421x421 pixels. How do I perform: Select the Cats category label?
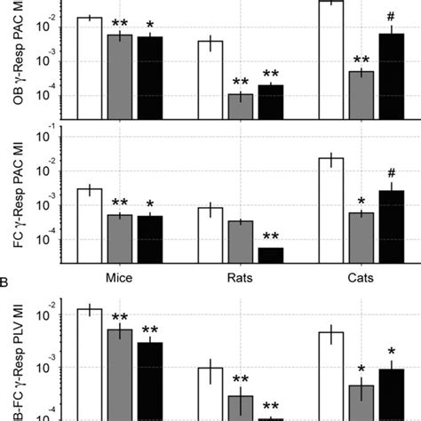pos(361,277)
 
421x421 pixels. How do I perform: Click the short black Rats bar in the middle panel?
pos(270,256)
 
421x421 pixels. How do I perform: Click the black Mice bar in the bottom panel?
pos(149,381)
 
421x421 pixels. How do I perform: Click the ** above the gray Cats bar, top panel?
pos(361,60)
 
